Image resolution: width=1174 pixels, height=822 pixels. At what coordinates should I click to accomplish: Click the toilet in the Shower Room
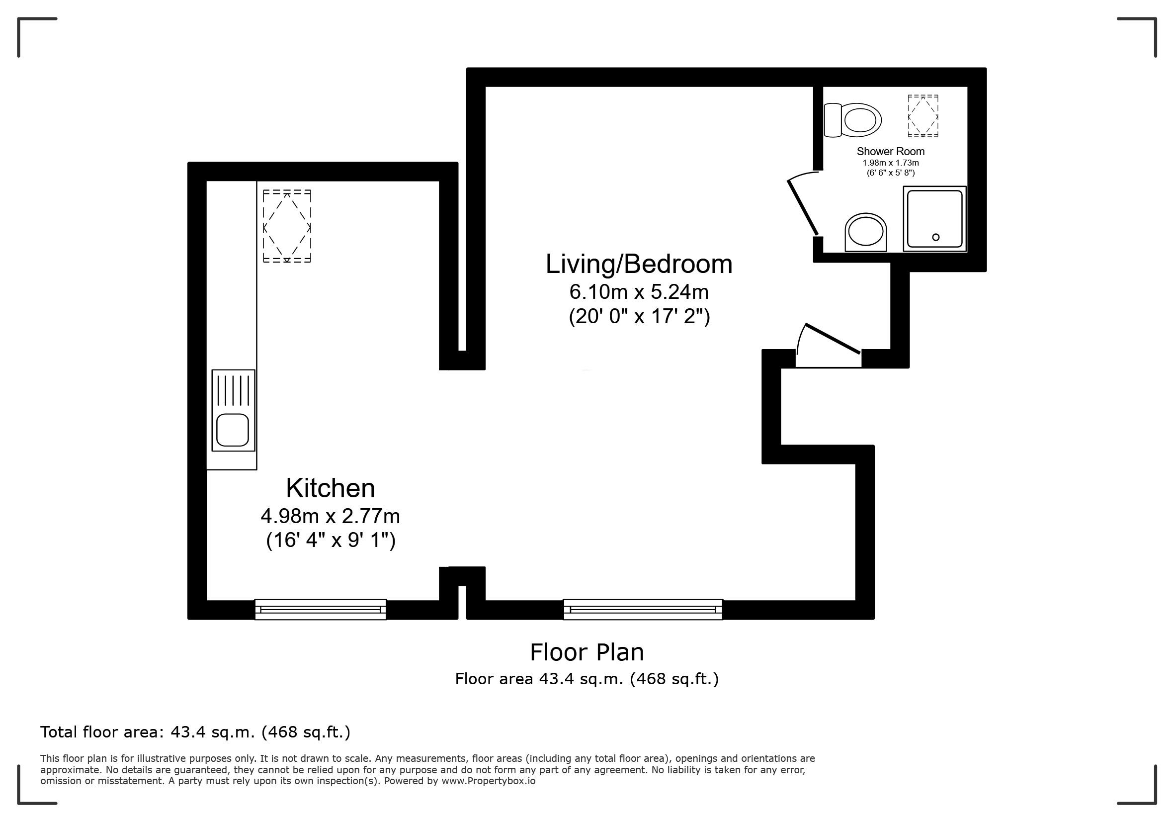(853, 120)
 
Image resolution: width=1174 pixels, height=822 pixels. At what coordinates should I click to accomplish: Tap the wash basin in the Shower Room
(866, 232)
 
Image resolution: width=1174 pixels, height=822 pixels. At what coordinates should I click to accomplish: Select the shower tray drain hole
(936, 237)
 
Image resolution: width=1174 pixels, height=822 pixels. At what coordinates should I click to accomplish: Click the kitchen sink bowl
(233, 430)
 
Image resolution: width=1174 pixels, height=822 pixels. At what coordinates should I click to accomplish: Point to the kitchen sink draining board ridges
(233, 391)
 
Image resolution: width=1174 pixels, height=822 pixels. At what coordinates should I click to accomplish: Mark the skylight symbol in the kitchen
(287, 226)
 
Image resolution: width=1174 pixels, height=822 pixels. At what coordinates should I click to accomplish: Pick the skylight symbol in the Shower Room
(923, 116)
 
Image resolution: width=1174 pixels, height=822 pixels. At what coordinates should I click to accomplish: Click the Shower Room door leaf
(803, 207)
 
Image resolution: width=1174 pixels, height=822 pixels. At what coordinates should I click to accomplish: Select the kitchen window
(321, 610)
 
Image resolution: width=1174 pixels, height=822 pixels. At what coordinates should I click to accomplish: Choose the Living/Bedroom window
(643, 610)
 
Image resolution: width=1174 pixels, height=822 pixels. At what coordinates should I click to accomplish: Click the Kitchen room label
(331, 488)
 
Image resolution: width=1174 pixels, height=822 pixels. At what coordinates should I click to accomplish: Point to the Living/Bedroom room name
(639, 265)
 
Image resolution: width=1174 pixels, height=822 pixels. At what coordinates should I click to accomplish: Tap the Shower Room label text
(891, 151)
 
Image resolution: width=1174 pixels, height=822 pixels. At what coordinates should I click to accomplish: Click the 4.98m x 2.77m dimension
(331, 517)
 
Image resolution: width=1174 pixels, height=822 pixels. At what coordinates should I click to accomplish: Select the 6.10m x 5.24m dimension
(639, 292)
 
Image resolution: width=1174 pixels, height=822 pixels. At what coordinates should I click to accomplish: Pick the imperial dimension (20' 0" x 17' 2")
(640, 317)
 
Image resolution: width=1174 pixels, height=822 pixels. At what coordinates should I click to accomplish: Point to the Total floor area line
(195, 732)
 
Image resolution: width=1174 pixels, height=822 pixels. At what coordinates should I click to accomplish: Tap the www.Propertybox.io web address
(488, 781)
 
